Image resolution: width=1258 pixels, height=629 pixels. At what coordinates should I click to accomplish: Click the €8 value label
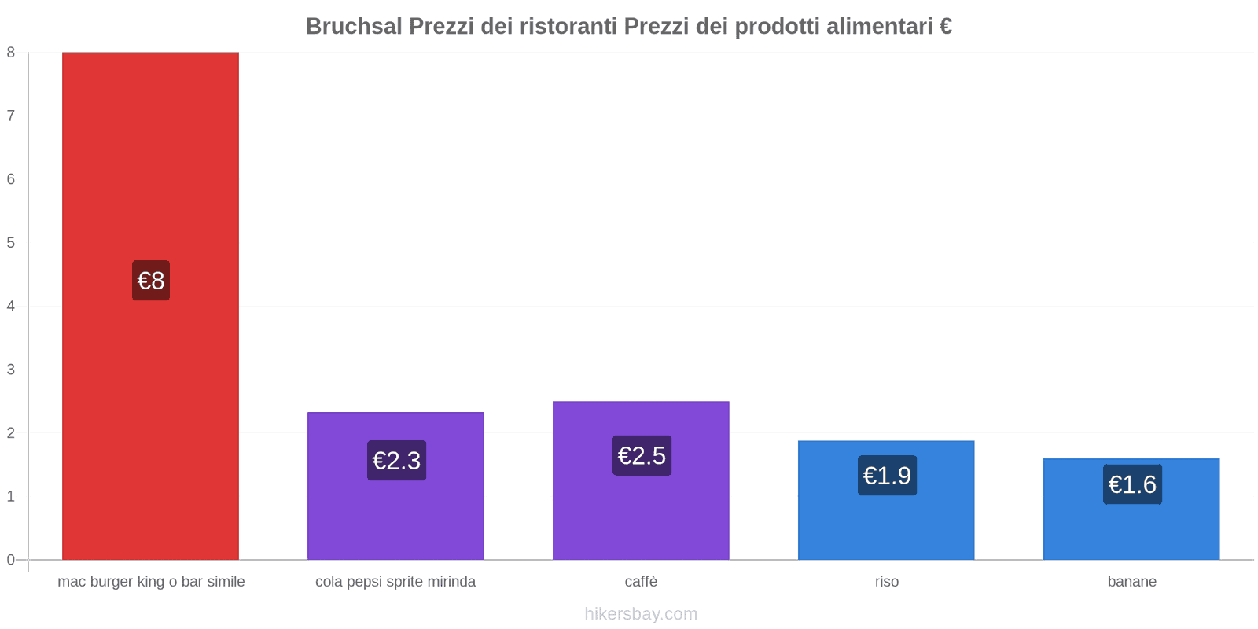[x=151, y=281]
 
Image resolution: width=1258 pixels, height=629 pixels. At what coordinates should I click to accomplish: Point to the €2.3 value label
[x=396, y=461]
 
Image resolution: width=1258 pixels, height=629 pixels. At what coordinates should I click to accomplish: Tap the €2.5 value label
[x=642, y=456]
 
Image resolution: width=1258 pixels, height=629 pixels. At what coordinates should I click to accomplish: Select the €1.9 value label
[x=887, y=476]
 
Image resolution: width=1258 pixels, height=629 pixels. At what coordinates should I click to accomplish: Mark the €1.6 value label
[x=1132, y=484]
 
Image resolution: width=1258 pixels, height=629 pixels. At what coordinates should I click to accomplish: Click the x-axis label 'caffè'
[x=641, y=582]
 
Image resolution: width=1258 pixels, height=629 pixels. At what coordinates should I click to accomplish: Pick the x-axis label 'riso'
[x=887, y=582]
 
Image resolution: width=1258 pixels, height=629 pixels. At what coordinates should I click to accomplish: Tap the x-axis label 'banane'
[x=1132, y=582]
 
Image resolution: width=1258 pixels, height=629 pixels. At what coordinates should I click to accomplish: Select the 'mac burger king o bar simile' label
[x=151, y=582]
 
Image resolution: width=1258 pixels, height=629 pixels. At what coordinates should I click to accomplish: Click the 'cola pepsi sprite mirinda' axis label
[x=395, y=582]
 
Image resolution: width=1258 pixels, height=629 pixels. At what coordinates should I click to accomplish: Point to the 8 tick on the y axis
[x=11, y=53]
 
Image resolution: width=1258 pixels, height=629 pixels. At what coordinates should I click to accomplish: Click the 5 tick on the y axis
[x=11, y=243]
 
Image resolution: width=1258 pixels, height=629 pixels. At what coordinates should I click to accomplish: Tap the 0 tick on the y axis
[x=11, y=560]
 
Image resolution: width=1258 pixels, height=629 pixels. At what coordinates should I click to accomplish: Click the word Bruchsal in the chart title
[x=354, y=27]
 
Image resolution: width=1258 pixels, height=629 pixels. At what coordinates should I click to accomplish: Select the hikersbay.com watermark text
[x=641, y=614]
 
